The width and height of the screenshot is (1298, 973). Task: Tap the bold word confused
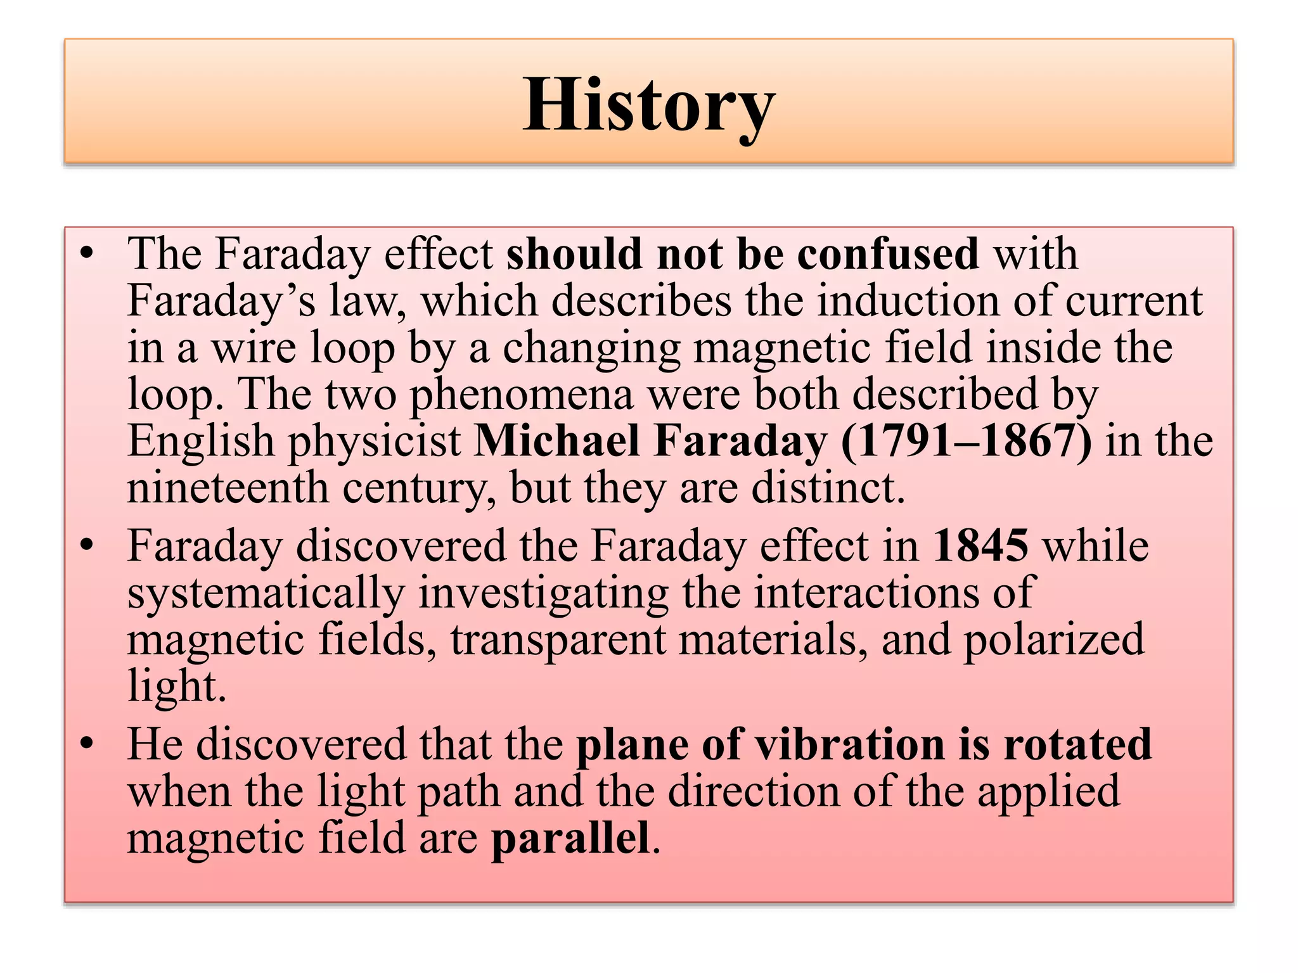(x=888, y=254)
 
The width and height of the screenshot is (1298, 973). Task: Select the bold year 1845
(x=980, y=546)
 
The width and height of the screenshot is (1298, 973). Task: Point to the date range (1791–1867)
(x=967, y=441)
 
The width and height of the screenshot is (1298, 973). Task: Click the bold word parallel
(x=570, y=839)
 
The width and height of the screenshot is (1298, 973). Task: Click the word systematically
(x=266, y=594)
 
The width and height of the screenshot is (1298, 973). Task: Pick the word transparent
(x=558, y=640)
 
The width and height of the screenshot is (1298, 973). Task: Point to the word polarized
(x=1054, y=640)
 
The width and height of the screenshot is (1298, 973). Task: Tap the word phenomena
(x=521, y=394)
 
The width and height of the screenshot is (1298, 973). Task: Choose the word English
(x=200, y=441)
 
